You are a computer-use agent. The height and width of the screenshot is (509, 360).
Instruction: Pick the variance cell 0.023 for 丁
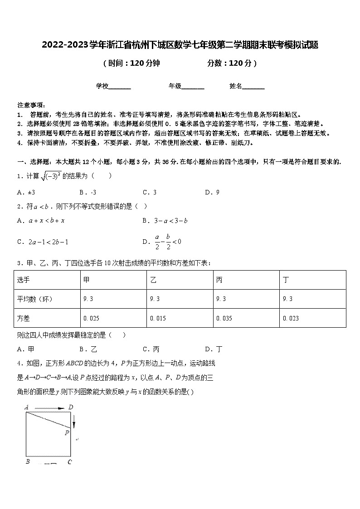[x=291, y=318]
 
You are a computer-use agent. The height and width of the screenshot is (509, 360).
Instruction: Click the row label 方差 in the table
[x=23, y=318]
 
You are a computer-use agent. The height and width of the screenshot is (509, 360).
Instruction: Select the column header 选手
[x=23, y=280]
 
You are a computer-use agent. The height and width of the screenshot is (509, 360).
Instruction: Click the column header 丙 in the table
[x=219, y=280]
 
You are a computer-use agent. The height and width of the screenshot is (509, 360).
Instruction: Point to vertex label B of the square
[x=28, y=461]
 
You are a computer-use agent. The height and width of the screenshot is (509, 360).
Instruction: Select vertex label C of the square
[x=69, y=462]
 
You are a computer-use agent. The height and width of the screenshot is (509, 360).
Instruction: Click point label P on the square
[x=67, y=432]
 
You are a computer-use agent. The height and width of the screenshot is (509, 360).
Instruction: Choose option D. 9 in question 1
[x=212, y=192]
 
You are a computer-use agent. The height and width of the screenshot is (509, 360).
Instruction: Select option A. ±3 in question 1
[x=26, y=192]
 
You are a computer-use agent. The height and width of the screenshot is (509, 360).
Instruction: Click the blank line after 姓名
[x=253, y=86]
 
